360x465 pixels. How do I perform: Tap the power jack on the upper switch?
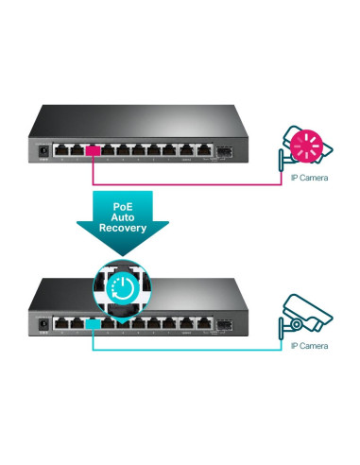42,148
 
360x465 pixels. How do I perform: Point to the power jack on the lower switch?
42,324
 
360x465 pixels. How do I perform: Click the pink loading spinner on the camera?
307,144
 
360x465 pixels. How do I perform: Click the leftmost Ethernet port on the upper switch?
62,148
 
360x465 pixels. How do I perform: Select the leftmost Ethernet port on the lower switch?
62,324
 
